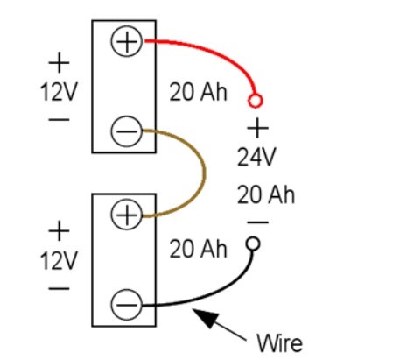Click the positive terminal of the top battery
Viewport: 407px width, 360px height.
(x=127, y=41)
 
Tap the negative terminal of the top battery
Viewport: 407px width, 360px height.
(x=127, y=132)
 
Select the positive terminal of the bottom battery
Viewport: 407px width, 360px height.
(x=127, y=215)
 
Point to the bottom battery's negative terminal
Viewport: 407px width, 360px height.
(x=127, y=305)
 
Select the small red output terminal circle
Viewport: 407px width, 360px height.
(x=256, y=100)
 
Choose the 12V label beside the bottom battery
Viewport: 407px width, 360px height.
(x=59, y=261)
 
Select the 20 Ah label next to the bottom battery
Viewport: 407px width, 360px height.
(x=198, y=251)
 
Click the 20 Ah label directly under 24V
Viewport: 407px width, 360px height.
(x=265, y=194)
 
